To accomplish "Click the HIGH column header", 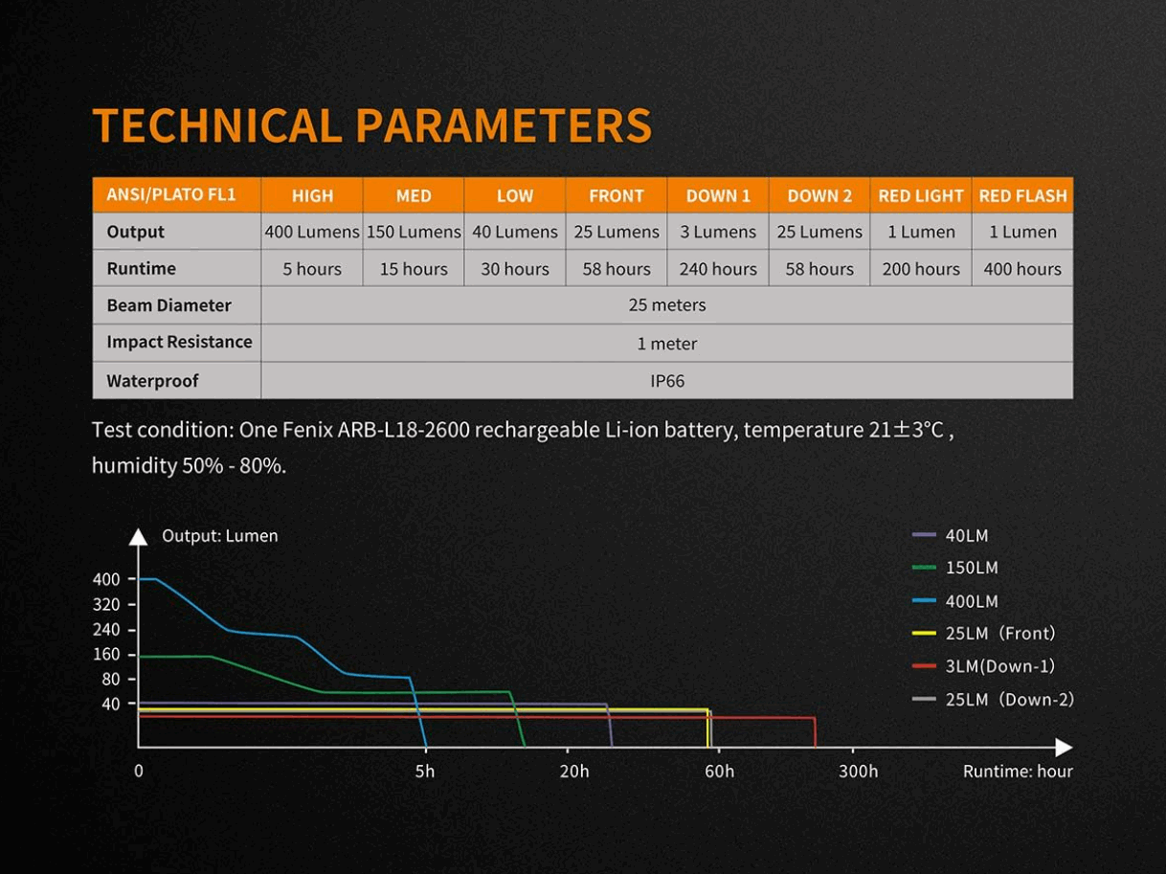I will [312, 195].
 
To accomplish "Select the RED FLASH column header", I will [1022, 195].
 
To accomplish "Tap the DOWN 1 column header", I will [718, 195].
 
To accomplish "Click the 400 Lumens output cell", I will [312, 232].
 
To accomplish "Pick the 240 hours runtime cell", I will [718, 269].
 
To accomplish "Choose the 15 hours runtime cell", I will [414, 269].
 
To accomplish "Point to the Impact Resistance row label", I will [179, 342].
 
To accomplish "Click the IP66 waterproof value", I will [667, 380].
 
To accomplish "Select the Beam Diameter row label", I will [169, 305].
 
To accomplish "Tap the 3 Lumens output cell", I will [718, 232].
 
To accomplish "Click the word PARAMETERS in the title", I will [504, 125].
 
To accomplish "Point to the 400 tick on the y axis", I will [107, 579].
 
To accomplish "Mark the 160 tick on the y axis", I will [107, 654].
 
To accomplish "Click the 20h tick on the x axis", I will [574, 772].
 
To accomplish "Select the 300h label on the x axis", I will [858, 772].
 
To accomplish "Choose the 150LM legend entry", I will [971, 568].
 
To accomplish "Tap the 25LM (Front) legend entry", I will [999, 633].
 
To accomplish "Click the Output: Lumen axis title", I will [220, 536].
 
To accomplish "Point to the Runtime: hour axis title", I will [1018, 772].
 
